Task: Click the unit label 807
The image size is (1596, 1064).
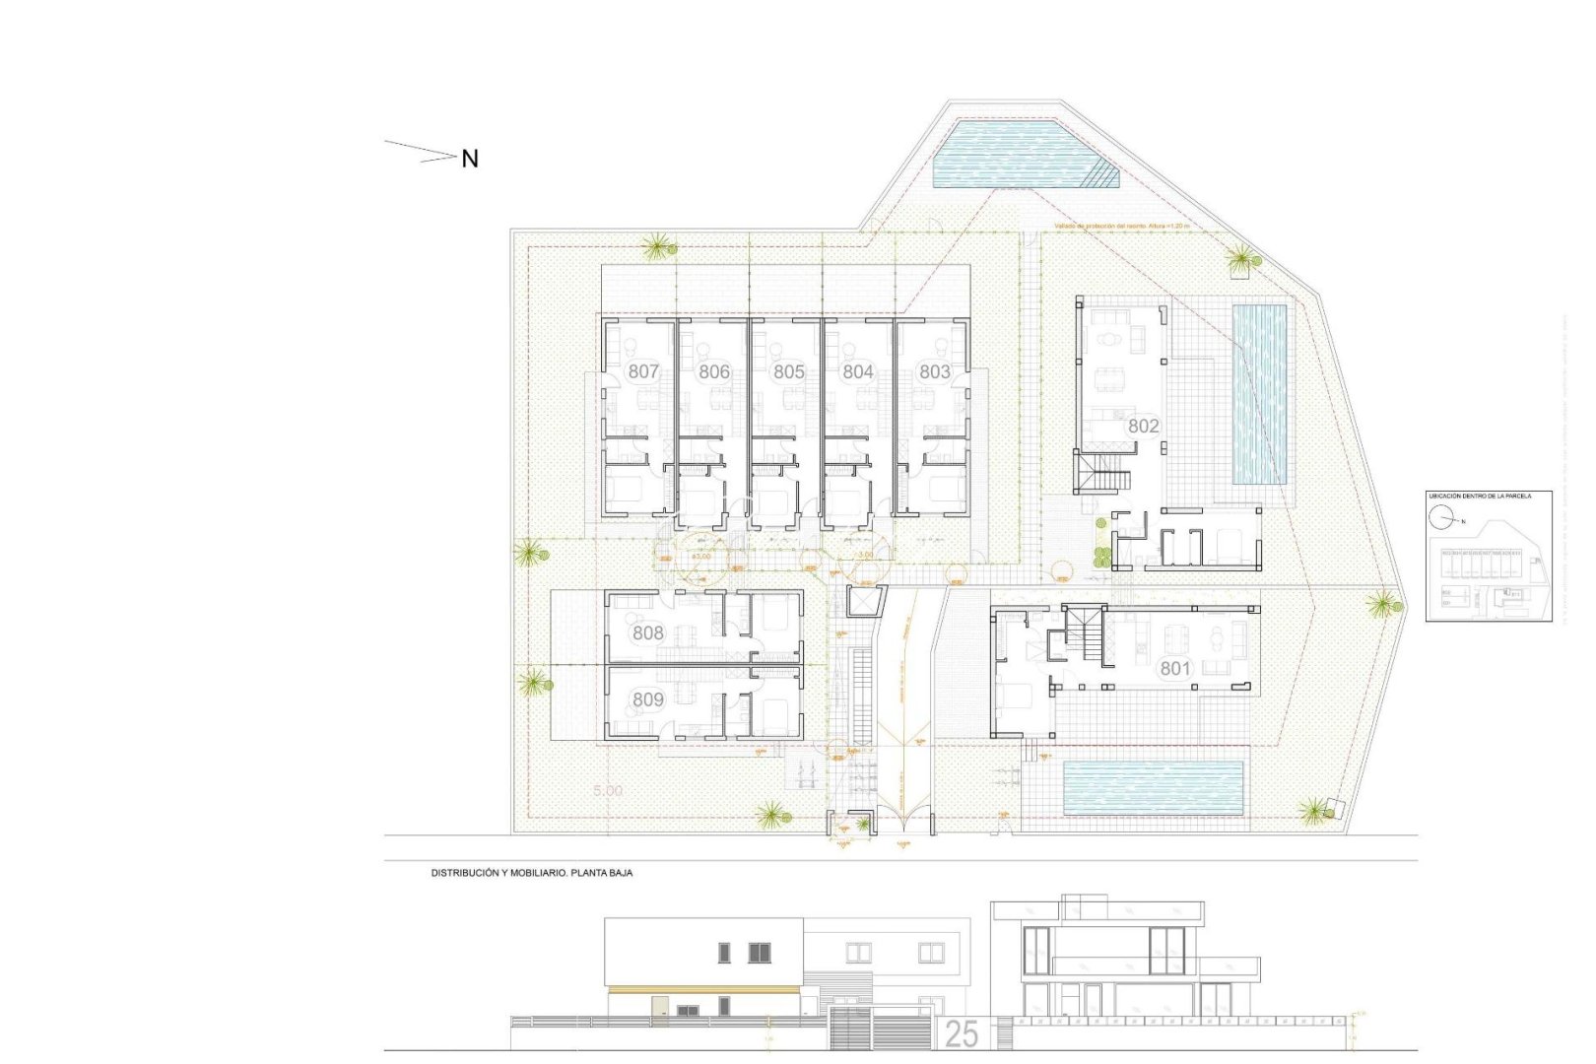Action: (x=643, y=371)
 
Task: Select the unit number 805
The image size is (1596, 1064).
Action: (x=788, y=371)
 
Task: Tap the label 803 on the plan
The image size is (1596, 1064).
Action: (x=934, y=371)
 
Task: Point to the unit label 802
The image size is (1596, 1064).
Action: (x=1144, y=426)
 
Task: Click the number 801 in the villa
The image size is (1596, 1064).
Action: (x=1174, y=668)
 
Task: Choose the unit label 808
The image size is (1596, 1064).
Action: (x=647, y=632)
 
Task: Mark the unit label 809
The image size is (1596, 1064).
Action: (x=647, y=699)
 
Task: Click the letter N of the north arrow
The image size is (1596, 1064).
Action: (x=470, y=159)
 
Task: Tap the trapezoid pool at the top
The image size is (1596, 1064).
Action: (x=1015, y=154)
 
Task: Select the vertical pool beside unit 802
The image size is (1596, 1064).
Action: (x=1259, y=394)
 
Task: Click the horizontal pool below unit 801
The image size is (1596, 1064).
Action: (x=1153, y=788)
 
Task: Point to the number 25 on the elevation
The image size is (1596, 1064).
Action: (x=962, y=1033)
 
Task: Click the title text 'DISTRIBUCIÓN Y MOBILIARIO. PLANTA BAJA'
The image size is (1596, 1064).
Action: (x=532, y=873)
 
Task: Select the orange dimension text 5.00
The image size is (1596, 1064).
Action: (x=608, y=790)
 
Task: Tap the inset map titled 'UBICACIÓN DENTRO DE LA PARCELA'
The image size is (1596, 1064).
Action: (x=1489, y=557)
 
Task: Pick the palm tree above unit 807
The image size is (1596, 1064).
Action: (x=657, y=246)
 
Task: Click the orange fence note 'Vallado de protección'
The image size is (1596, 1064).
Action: (x=1121, y=227)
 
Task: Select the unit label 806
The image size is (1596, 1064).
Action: (x=714, y=371)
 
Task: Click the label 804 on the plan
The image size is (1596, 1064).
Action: (x=858, y=371)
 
